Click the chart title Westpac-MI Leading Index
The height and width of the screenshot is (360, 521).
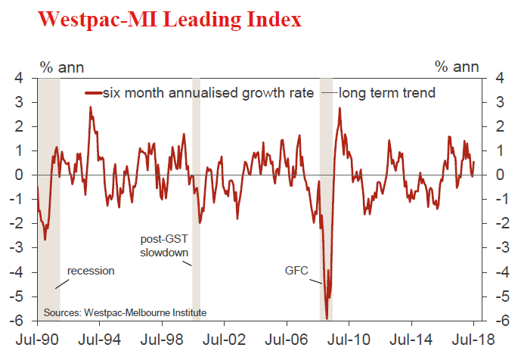pyautogui.click(x=169, y=20)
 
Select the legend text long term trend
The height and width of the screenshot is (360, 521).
pyautogui.click(x=386, y=93)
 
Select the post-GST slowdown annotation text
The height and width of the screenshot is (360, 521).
pyautogui.click(x=164, y=246)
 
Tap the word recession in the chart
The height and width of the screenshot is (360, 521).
pyautogui.click(x=91, y=270)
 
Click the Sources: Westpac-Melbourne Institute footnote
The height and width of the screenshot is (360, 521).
pyautogui.click(x=124, y=312)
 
